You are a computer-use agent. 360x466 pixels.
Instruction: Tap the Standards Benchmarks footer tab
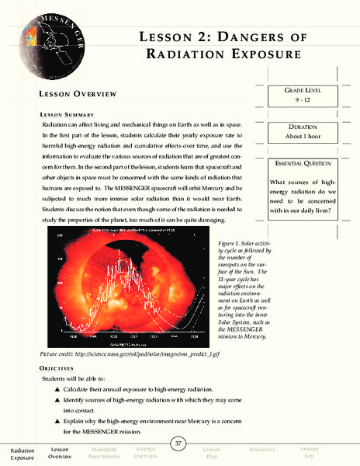pos(104,453)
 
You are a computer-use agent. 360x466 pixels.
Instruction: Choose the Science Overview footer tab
pos(145,453)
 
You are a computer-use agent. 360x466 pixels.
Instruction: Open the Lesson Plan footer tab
pos(212,453)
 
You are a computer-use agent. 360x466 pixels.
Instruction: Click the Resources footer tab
pos(261,450)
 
